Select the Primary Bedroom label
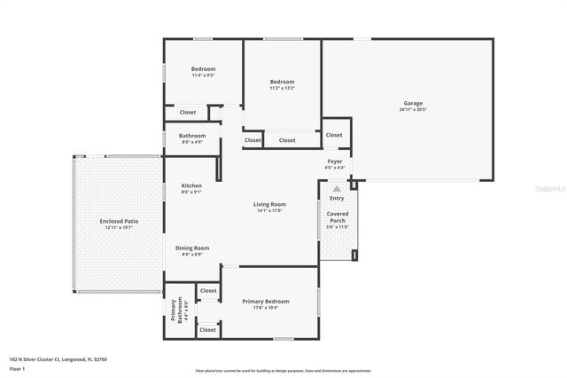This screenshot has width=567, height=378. tap(266, 301)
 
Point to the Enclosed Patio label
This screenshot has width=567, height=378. tap(119, 220)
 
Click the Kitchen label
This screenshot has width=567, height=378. tap(191, 185)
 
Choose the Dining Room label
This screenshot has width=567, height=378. tap(191, 248)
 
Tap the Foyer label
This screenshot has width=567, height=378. tap(334, 161)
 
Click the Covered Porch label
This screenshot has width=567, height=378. tap(338, 217)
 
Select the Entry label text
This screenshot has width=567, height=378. tap(338, 198)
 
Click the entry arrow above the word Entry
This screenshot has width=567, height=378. tap(337, 188)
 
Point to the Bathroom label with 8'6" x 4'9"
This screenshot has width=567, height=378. tap(192, 136)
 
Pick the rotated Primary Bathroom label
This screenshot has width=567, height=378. tap(175, 311)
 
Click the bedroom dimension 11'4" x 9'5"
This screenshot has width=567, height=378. tap(203, 75)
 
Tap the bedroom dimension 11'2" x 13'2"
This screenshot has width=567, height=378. tap(282, 88)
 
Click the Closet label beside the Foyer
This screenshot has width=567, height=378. tap(334, 135)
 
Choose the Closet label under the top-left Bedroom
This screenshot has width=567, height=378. tap(188, 113)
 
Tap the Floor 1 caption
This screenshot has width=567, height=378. tap(17, 367)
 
